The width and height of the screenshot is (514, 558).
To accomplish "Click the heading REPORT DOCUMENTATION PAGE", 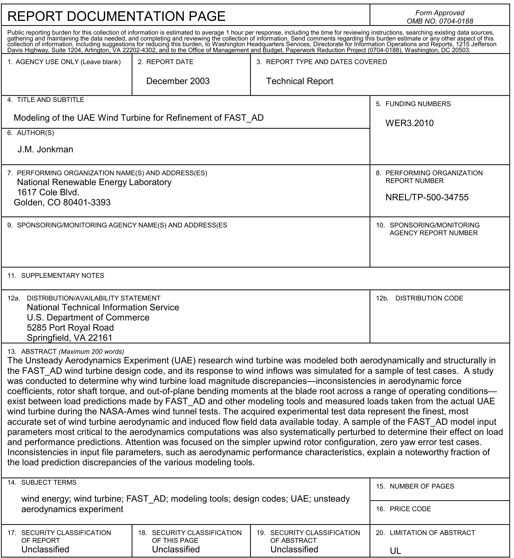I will click(x=116, y=16).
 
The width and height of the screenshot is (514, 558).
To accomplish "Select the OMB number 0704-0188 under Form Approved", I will click(x=440, y=21).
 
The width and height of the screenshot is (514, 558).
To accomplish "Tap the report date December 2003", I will click(x=178, y=81).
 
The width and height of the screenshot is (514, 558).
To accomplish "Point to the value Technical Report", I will click(x=299, y=81).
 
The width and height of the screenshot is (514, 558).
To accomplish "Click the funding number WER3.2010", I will click(x=409, y=123).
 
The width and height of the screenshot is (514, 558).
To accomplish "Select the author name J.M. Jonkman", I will click(x=45, y=149).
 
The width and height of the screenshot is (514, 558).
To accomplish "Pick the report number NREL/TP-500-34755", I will click(x=427, y=197).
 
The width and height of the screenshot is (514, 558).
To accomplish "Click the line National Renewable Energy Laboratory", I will click(x=94, y=182).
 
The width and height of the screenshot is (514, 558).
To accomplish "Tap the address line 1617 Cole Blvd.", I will click(x=48, y=192).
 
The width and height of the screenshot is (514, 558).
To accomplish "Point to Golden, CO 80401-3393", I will click(x=62, y=202).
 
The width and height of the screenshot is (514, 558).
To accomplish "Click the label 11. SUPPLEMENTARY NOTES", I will click(x=56, y=275).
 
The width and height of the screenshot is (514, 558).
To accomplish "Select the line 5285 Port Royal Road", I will click(x=70, y=328).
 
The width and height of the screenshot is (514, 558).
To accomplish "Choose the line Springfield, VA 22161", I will click(x=69, y=338).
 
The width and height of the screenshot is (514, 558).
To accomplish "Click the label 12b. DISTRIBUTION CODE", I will click(x=419, y=298).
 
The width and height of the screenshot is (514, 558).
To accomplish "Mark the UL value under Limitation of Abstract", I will click(x=395, y=551).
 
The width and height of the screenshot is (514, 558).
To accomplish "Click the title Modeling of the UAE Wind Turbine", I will click(x=139, y=118).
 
